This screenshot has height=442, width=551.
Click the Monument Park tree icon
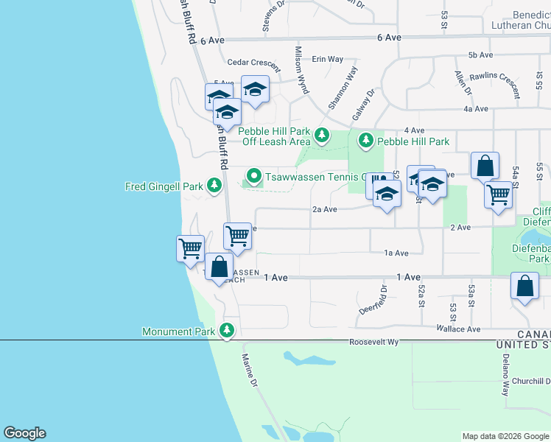(x=228, y=331)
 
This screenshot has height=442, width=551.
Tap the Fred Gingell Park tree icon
(x=214, y=186)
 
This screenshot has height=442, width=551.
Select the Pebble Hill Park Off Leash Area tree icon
(x=321, y=135)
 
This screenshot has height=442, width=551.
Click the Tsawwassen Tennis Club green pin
(x=254, y=176)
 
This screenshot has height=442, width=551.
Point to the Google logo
(x=24, y=433)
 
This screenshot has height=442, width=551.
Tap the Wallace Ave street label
(x=457, y=329)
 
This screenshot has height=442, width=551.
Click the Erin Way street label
(x=328, y=59)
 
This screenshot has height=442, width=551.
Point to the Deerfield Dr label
(x=382, y=298)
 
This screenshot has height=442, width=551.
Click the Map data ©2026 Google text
(x=505, y=436)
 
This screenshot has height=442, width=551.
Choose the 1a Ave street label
(x=396, y=253)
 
